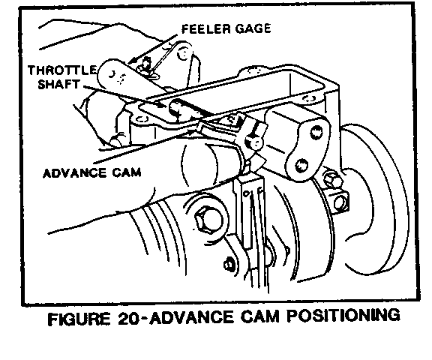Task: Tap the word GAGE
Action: (x=253, y=28)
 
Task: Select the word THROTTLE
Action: (x=62, y=70)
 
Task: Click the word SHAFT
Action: (x=58, y=84)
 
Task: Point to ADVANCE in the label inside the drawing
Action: (x=74, y=173)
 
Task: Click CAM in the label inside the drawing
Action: (x=127, y=173)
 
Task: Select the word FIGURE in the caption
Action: (x=79, y=319)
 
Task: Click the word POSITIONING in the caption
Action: (x=343, y=316)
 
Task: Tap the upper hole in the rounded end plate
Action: (x=316, y=133)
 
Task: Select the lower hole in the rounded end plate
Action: (x=301, y=165)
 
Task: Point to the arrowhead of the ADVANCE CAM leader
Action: (x=190, y=131)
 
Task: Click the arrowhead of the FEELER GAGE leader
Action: (x=132, y=61)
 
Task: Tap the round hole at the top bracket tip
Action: (x=183, y=52)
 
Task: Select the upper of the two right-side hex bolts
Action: (x=331, y=178)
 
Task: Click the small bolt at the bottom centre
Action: (x=229, y=265)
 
